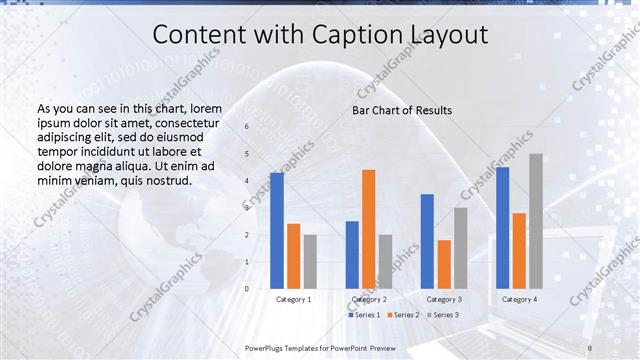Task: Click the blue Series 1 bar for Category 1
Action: (x=277, y=230)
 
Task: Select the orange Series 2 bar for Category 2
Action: (x=368, y=228)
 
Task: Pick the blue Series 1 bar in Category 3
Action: (x=427, y=240)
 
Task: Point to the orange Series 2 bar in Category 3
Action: (x=444, y=263)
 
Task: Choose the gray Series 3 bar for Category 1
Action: (x=310, y=261)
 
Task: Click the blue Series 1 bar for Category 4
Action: (x=502, y=227)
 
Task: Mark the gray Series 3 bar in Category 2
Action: (x=385, y=261)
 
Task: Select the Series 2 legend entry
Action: (x=404, y=315)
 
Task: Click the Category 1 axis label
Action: (x=293, y=299)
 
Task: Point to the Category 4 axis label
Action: (x=519, y=299)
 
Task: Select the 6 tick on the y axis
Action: (x=247, y=127)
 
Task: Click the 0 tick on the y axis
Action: (x=247, y=288)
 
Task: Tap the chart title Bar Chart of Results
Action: (x=402, y=110)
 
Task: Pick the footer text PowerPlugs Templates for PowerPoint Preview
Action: (x=319, y=347)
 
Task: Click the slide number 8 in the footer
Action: (x=590, y=347)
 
